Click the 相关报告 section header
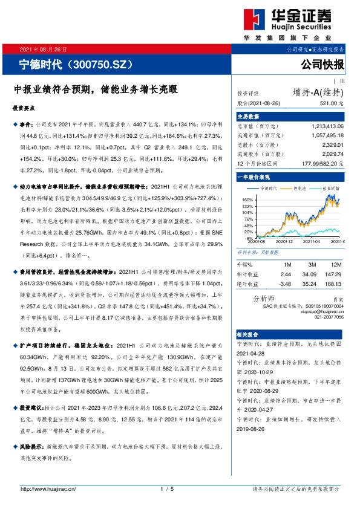click(x=247, y=334)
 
